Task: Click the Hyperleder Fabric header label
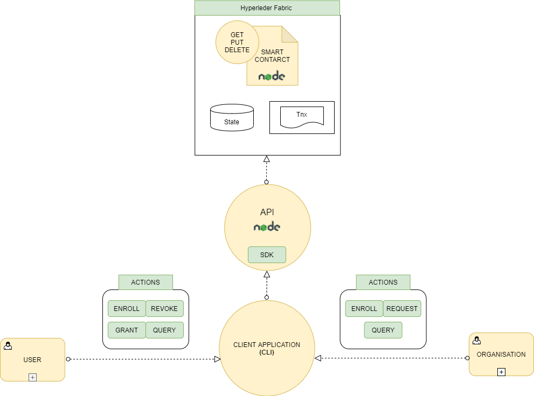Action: (267, 8)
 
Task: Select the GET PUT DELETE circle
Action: (237, 43)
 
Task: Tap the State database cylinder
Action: (232, 117)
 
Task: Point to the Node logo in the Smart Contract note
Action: (272, 76)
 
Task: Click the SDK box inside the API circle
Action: (267, 255)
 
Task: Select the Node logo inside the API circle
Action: (267, 227)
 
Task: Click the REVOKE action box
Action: (164, 309)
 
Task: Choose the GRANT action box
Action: (127, 330)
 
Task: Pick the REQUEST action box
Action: (402, 309)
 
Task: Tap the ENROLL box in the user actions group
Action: (127, 309)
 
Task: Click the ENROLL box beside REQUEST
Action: (364, 309)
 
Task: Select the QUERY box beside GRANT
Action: (164, 330)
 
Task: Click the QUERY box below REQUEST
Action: (383, 330)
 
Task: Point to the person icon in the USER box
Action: (8, 346)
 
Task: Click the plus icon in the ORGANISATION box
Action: (501, 372)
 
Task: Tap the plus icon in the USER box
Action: (32, 377)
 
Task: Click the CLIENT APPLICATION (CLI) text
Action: (267, 349)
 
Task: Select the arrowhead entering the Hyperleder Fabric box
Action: (266, 159)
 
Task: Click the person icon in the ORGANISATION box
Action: (476, 340)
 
